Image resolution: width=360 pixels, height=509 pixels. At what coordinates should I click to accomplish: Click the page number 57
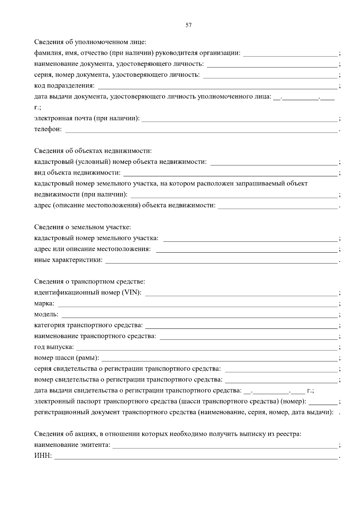pos(188,25)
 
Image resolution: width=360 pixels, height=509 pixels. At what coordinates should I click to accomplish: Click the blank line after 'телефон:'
pos(201,130)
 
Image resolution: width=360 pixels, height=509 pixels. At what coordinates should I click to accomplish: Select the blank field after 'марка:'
pos(197,304)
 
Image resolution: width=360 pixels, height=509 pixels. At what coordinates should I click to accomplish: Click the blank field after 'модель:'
pos(199,315)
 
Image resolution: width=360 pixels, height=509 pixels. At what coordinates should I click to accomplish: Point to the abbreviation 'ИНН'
pos(42,456)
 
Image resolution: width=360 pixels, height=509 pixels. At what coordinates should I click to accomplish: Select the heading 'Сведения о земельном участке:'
pos(82,227)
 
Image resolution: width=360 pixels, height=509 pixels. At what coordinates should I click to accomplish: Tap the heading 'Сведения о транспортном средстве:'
pos(89,282)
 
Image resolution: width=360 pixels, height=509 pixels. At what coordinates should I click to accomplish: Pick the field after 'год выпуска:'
pos(207,348)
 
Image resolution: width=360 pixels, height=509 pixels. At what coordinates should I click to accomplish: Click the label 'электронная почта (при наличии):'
pos(87,118)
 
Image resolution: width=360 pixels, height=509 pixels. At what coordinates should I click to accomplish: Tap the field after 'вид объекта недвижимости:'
pos(230,173)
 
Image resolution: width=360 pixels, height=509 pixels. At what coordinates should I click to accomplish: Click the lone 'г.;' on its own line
pos(37,107)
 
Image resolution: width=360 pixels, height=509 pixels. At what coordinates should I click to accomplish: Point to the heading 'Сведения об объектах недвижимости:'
pos(93,151)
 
